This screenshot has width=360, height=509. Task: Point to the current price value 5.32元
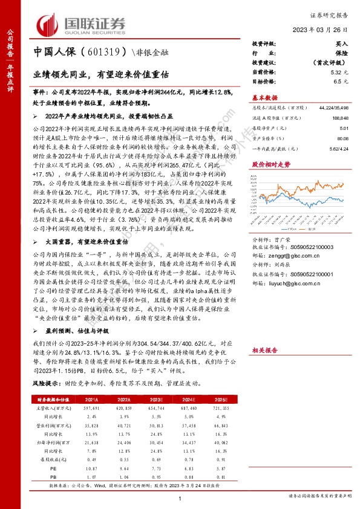click(x=339, y=71)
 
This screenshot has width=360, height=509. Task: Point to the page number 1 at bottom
click(x=180, y=498)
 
